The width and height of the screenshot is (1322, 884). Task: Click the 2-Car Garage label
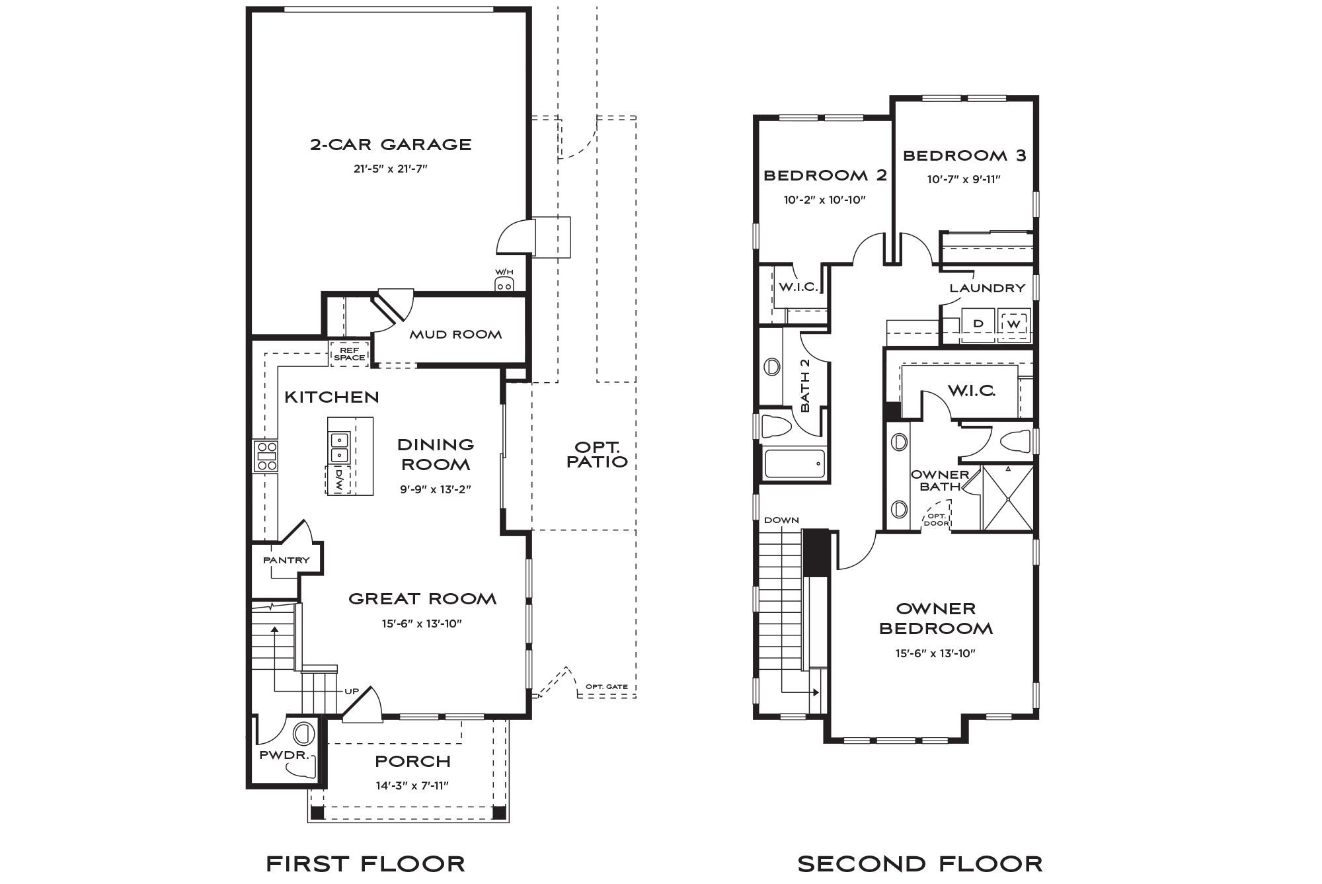[x=391, y=144]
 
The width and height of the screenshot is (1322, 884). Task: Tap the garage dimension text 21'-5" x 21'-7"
[x=391, y=169]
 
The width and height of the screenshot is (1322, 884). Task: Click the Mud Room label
[x=455, y=335]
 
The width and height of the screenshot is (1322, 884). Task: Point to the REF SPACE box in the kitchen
[x=349, y=354]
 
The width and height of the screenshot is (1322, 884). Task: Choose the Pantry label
[x=286, y=560]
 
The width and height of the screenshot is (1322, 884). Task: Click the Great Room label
[x=422, y=599]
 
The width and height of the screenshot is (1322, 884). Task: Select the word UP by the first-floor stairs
[x=352, y=692]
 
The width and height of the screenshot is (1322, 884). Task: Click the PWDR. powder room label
[x=284, y=754]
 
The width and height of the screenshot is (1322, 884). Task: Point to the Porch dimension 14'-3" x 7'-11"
[x=413, y=785]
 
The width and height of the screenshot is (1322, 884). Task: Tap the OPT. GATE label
[x=607, y=686]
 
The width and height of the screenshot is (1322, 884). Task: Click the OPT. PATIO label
[x=597, y=454]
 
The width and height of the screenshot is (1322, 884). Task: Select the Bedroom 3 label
[x=964, y=155]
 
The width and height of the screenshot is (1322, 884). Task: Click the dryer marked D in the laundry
[x=978, y=325]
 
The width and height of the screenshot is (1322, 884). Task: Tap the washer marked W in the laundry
[x=1014, y=325]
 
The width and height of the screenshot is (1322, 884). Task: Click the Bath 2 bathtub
[x=795, y=464]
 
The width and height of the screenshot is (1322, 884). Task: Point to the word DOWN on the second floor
[x=781, y=520]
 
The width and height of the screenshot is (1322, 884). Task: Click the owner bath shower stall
[x=1008, y=497]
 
